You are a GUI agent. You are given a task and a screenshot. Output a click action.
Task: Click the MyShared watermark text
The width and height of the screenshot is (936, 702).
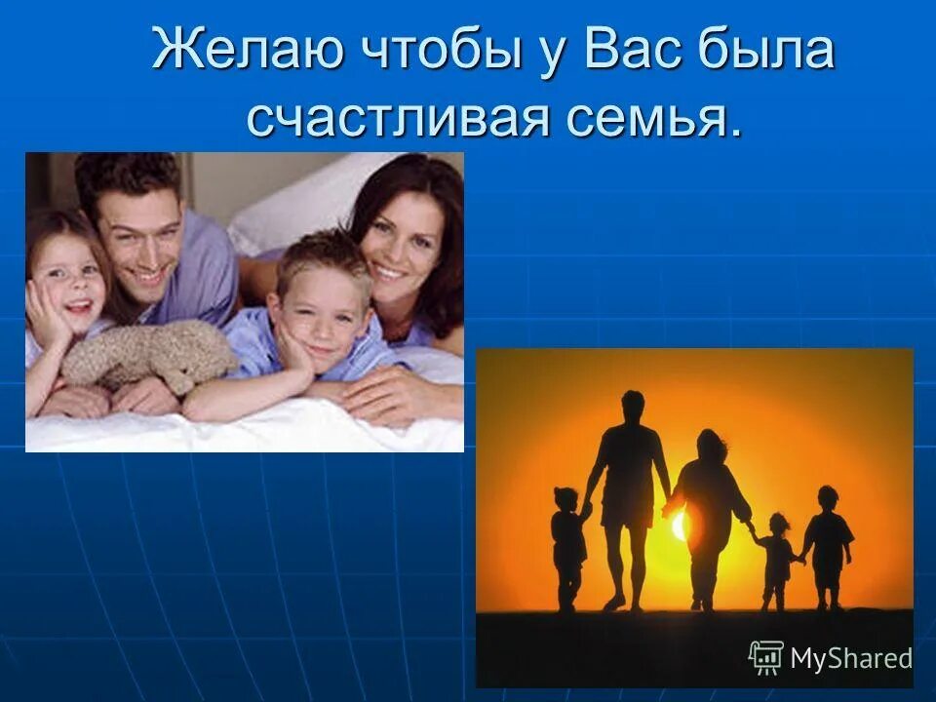(850, 658)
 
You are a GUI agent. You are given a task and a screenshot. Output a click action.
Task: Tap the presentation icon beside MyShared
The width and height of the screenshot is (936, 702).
(766, 657)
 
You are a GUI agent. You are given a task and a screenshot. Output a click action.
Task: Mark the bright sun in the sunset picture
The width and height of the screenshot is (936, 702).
(679, 526)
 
